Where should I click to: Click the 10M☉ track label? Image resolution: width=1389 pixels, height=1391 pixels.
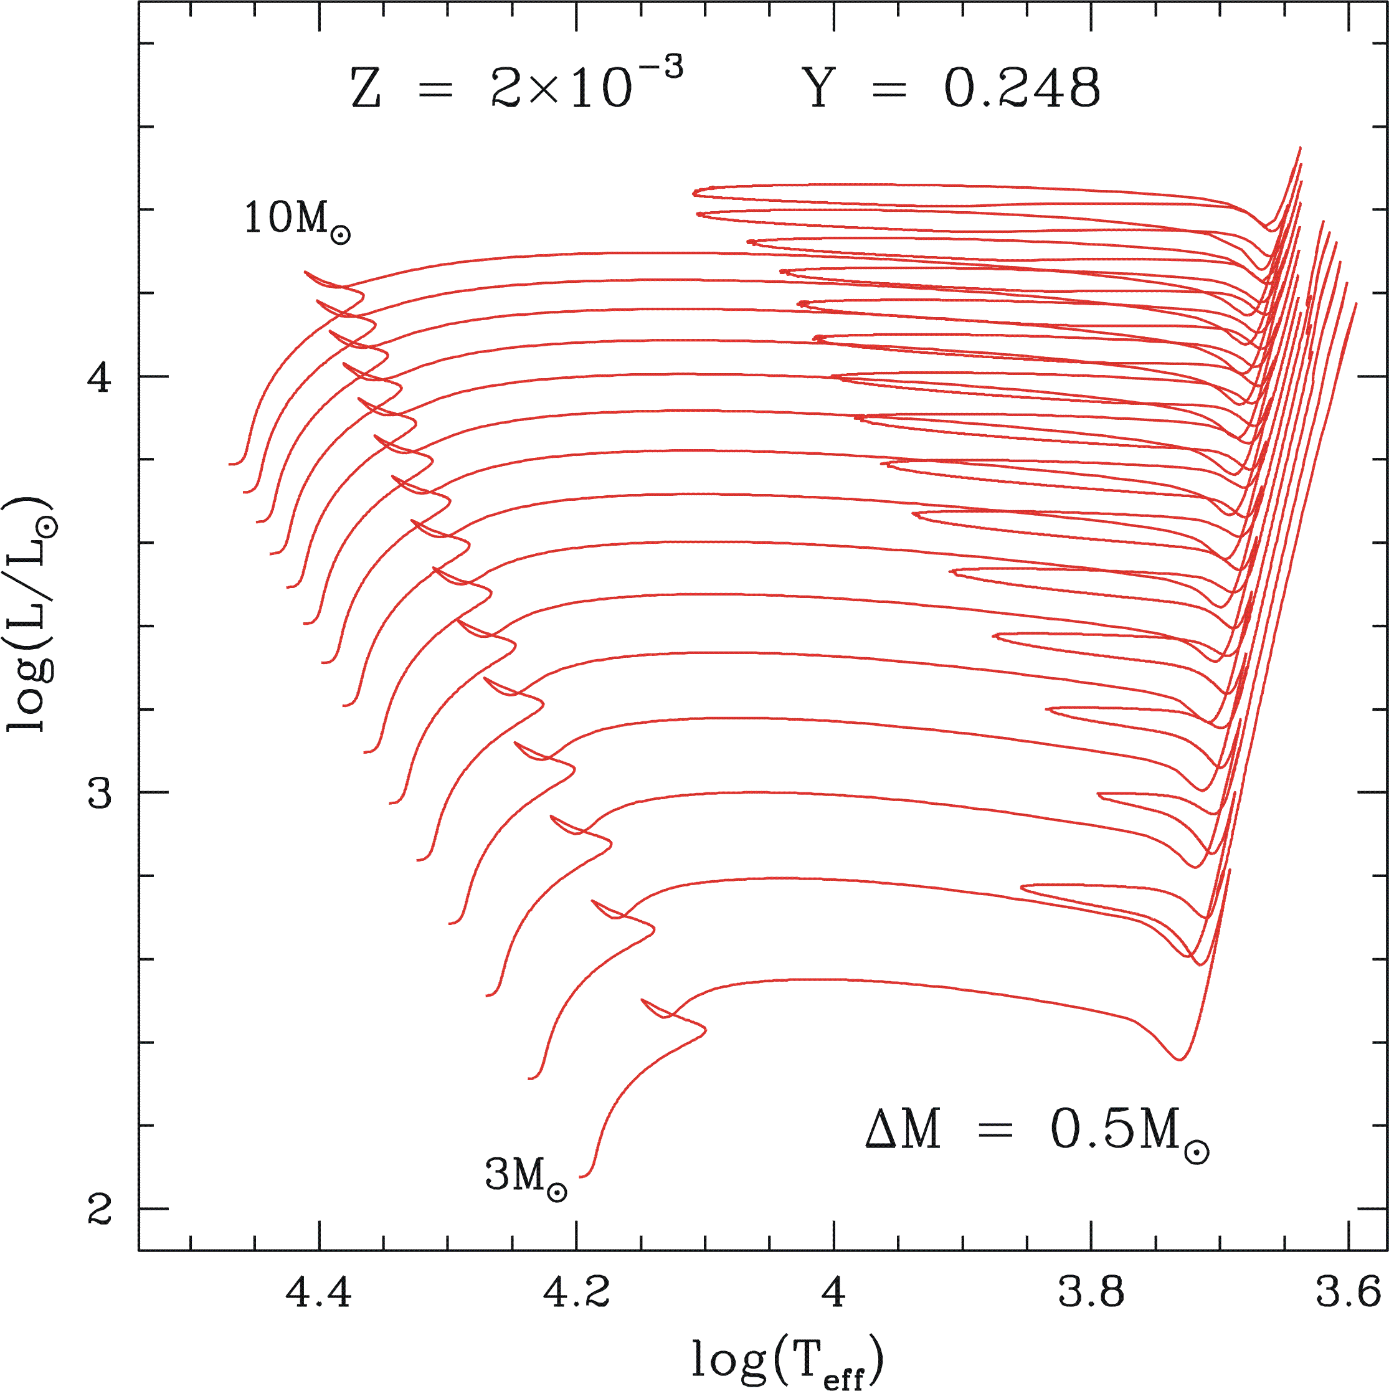[296, 220]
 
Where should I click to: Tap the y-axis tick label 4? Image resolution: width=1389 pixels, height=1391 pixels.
[100, 376]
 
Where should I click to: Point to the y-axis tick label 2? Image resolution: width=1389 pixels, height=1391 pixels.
[100, 1209]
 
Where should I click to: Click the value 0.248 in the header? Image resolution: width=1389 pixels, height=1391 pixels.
[1022, 88]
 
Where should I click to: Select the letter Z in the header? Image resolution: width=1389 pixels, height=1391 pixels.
[366, 89]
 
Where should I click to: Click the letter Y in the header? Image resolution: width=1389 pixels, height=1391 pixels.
[818, 88]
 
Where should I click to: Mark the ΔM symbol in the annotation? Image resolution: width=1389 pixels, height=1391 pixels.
[903, 1129]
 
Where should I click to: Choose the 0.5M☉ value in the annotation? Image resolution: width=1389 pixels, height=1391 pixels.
[1129, 1131]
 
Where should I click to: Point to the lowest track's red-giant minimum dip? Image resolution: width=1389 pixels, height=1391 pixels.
[1178, 1059]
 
